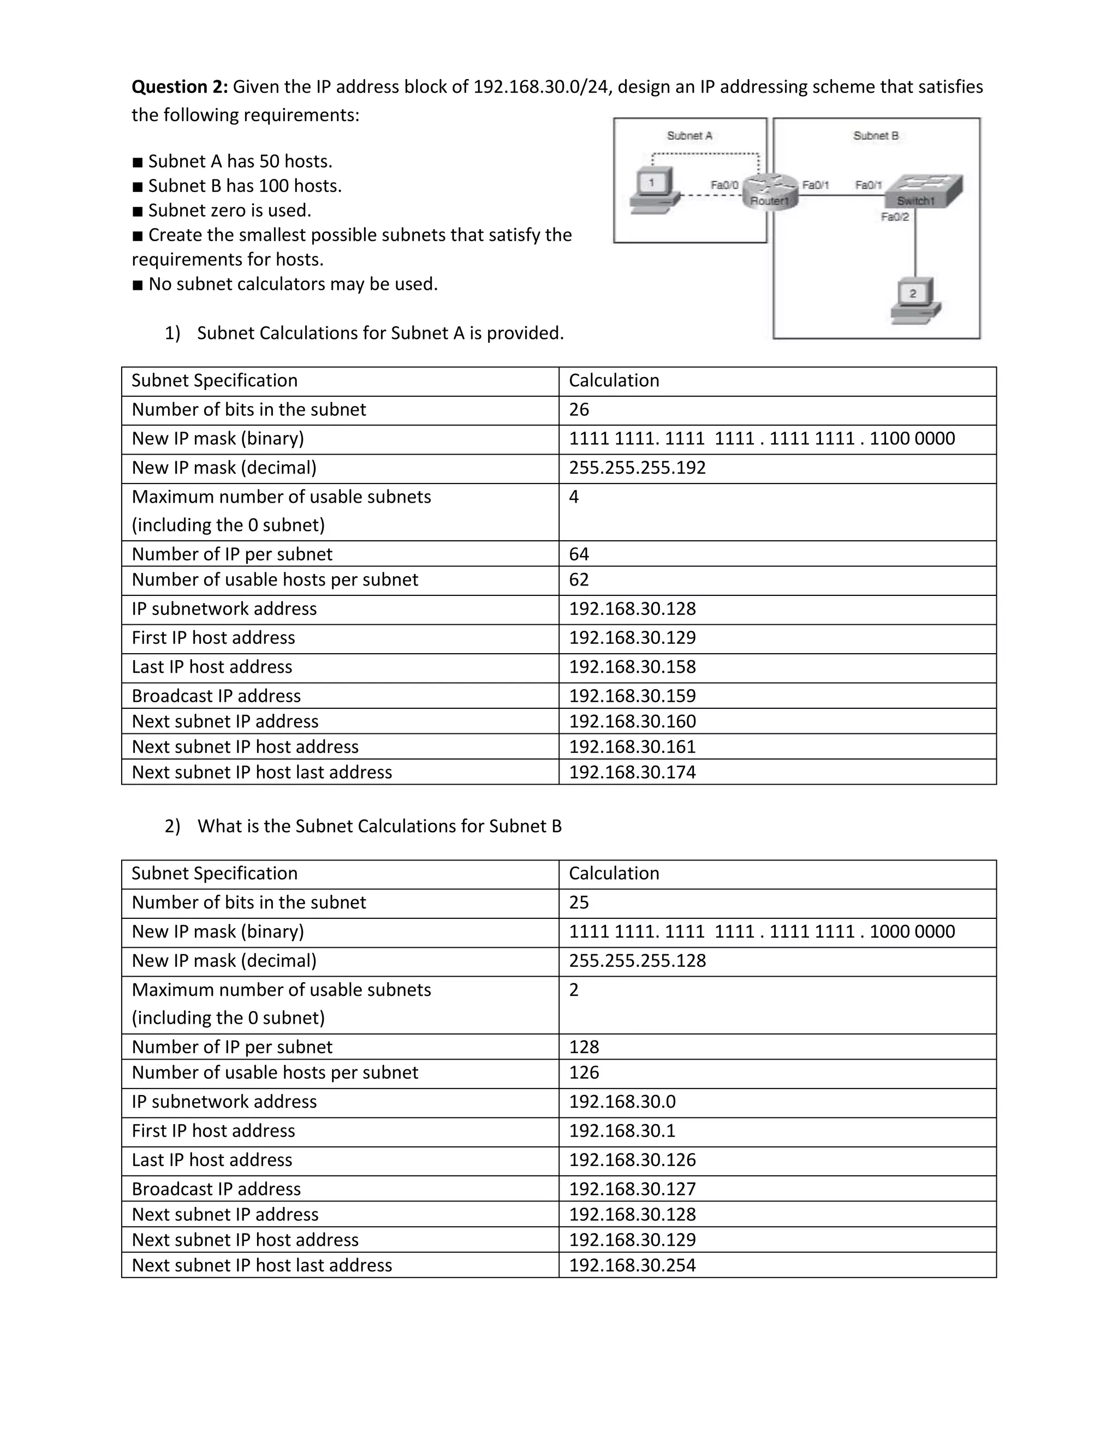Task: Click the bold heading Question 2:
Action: point(180,87)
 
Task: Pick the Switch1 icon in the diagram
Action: point(924,192)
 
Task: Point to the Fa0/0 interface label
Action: point(724,186)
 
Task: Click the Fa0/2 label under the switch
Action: point(895,217)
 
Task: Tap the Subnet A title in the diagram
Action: point(689,136)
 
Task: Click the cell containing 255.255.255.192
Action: point(637,468)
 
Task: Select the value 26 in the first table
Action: point(579,410)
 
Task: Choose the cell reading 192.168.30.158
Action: point(633,667)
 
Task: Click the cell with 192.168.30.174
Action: point(633,772)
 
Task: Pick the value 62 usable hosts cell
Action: point(579,580)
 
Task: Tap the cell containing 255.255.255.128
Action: point(637,961)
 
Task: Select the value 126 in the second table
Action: point(584,1073)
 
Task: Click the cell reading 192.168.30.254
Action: point(633,1265)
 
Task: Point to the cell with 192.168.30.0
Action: point(622,1102)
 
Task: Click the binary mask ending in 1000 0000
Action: point(762,931)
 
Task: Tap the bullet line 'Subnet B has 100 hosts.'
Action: point(245,186)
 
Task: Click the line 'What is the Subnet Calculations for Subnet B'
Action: point(379,826)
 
